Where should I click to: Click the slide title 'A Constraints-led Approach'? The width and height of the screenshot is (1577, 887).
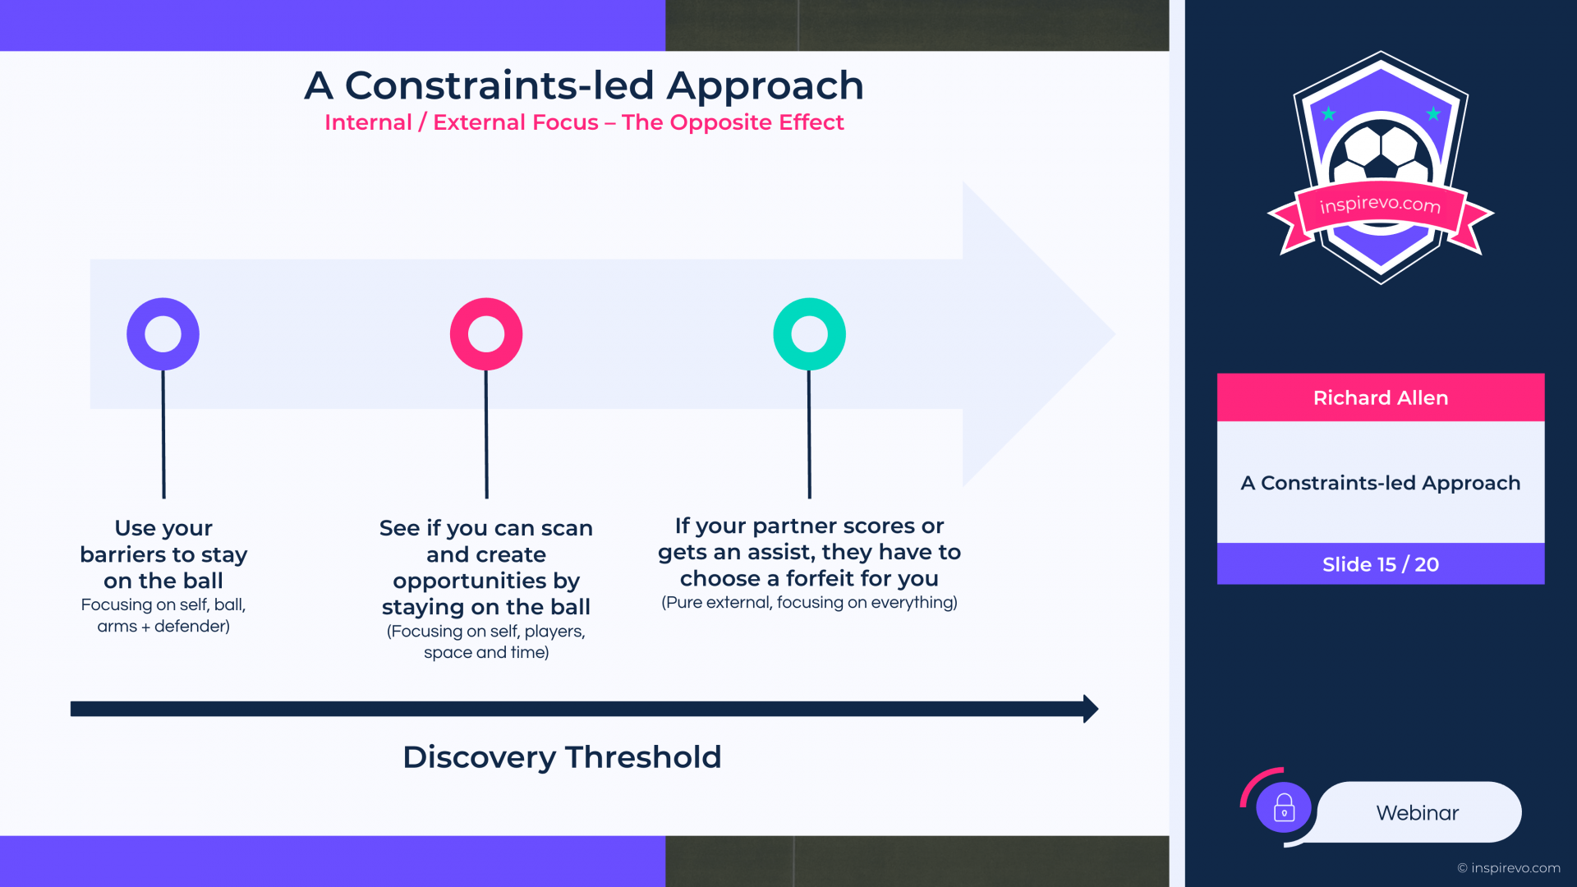(x=584, y=85)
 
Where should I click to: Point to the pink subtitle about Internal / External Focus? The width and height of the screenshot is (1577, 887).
(x=584, y=122)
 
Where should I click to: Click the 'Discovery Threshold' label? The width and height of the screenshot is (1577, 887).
(x=562, y=757)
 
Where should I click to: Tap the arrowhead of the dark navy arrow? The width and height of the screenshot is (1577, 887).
(x=1092, y=709)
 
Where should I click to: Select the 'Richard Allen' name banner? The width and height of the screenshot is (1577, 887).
(x=1381, y=398)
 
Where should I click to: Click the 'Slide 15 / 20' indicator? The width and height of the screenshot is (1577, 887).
(x=1381, y=564)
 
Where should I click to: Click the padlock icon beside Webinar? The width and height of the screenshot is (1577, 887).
(x=1284, y=808)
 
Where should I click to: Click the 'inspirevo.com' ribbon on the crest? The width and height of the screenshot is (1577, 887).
(x=1381, y=206)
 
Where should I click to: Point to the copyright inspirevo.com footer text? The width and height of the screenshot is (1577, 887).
(x=1509, y=868)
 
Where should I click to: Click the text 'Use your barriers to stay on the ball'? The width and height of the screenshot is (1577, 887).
(x=163, y=554)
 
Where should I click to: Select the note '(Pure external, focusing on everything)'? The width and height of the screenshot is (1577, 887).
(x=809, y=602)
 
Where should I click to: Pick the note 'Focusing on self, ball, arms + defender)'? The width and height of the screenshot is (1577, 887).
(x=163, y=615)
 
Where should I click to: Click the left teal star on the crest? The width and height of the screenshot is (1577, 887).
(x=1328, y=114)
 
